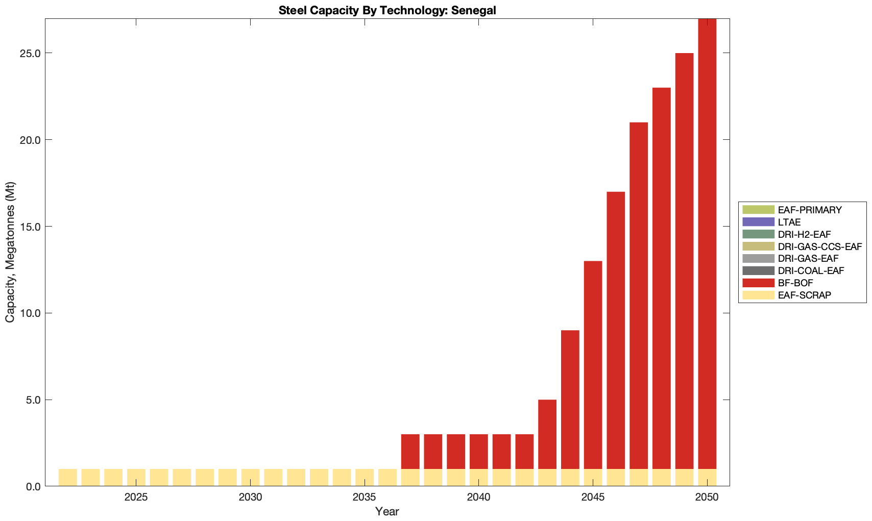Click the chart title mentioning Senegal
pos(387,10)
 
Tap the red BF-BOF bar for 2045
pos(593,365)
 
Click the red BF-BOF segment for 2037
pos(410,452)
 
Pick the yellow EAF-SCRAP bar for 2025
pos(136,478)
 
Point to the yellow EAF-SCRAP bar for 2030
pos(250,478)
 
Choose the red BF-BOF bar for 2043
pos(547,434)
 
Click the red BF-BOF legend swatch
pos(758,283)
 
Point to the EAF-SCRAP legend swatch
pos(758,295)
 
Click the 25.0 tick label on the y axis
pos(30,53)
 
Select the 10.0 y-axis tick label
pos(30,313)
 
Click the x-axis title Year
pos(387,511)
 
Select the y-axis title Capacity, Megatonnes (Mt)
pos(10,252)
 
